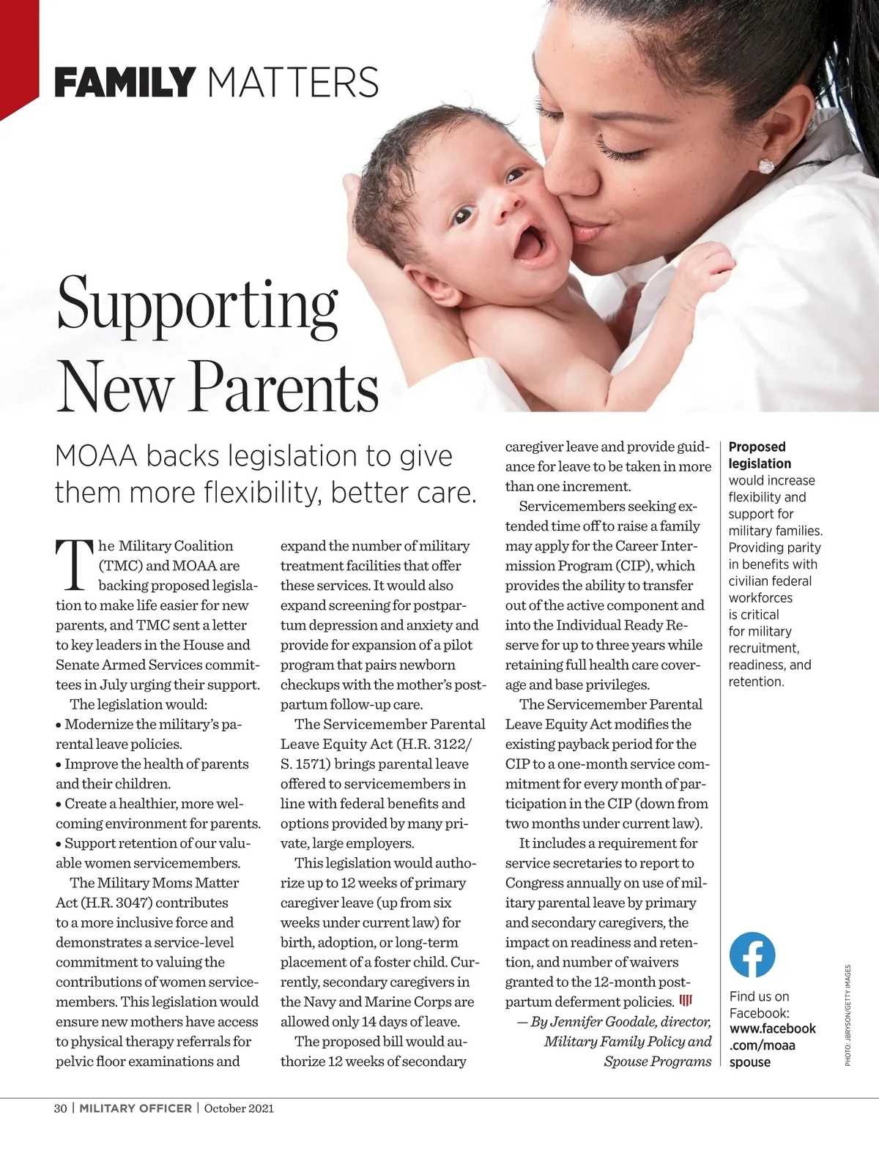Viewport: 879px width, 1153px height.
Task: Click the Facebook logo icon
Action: coord(752,955)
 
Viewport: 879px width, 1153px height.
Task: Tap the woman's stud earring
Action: coord(766,165)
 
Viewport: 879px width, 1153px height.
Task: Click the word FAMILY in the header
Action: coord(125,82)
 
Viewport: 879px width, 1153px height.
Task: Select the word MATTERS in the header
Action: coord(293,82)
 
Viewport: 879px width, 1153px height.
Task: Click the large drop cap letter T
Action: coord(75,565)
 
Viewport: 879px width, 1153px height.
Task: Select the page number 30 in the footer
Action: coord(61,1108)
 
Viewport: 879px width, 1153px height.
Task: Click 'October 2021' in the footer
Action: coord(239,1108)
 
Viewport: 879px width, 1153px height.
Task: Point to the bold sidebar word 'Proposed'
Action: coord(757,447)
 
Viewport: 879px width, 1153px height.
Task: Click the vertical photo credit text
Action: coord(848,1015)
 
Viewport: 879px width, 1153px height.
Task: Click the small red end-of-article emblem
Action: coord(686,1001)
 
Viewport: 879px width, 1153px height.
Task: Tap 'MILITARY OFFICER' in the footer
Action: coord(136,1108)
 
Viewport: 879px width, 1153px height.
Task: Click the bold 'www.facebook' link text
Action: coord(772,1029)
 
